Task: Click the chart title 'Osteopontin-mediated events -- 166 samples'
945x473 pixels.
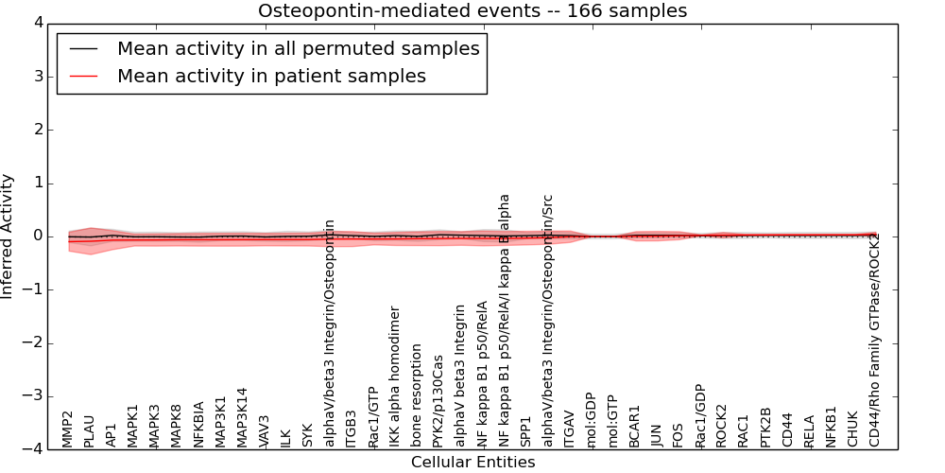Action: click(x=472, y=11)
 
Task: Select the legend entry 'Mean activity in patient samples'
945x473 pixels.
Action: click(x=271, y=77)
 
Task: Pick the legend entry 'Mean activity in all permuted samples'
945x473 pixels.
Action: click(x=298, y=49)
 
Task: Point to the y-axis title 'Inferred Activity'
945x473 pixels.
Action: click(x=9, y=236)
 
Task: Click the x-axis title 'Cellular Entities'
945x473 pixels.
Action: click(x=472, y=463)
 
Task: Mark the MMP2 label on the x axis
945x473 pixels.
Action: click(x=68, y=429)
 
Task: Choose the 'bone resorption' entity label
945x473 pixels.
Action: click(x=417, y=395)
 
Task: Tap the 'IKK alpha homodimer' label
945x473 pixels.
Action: click(x=395, y=377)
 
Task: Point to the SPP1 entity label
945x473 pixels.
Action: click(x=526, y=430)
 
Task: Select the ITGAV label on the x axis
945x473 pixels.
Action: click(x=570, y=429)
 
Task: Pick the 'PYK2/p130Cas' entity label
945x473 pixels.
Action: click(x=438, y=401)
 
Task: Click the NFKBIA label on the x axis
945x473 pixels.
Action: click(x=199, y=424)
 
